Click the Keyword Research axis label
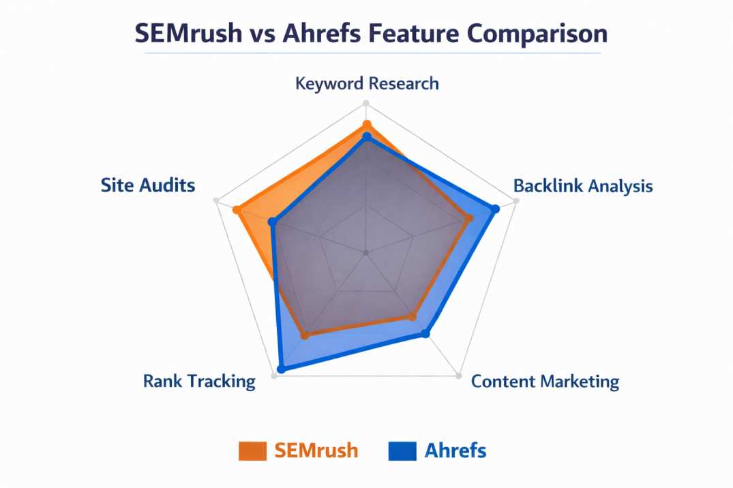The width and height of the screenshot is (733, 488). [x=367, y=83]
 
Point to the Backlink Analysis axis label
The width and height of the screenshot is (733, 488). [x=583, y=185]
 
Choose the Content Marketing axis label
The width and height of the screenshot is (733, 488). [x=545, y=381]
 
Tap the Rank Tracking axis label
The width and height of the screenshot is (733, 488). [x=199, y=381]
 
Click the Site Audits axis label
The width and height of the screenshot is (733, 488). [x=148, y=185]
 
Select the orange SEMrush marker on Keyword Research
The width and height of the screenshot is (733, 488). [x=367, y=125]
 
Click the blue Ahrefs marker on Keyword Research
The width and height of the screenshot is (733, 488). [x=367, y=138]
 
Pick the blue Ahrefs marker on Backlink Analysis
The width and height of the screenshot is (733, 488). [x=496, y=209]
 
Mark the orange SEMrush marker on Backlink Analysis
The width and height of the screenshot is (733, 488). [x=469, y=218]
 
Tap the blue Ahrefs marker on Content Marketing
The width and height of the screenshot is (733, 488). [x=425, y=333]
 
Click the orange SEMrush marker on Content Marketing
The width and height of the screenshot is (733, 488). [x=413, y=316]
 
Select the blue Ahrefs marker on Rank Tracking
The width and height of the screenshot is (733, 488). [x=281, y=369]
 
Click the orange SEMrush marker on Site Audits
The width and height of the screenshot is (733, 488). [x=237, y=210]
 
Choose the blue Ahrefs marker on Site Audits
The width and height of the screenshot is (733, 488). [x=272, y=222]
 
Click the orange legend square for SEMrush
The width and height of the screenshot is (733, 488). [x=252, y=451]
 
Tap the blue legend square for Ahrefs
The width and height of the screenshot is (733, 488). [x=402, y=451]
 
